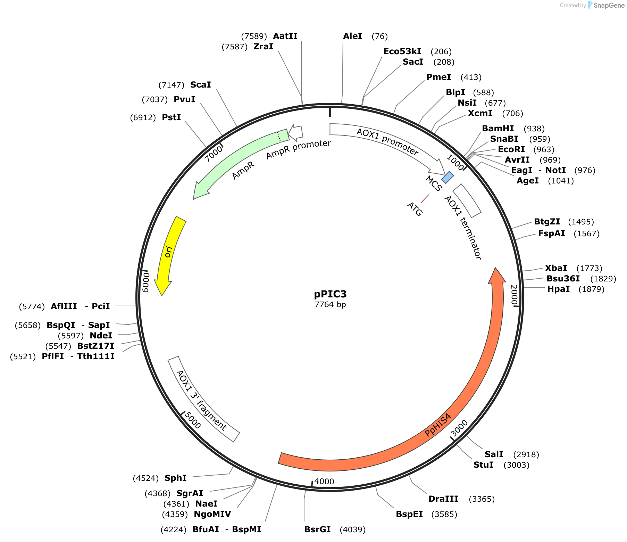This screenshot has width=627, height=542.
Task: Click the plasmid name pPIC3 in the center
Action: click(330, 294)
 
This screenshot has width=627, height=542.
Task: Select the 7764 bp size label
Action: click(330, 305)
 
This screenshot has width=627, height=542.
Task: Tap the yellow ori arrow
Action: click(169, 253)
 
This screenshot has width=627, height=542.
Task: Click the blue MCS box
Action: click(448, 177)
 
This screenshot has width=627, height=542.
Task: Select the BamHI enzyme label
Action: click(498, 129)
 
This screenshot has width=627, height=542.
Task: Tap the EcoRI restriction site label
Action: click(511, 149)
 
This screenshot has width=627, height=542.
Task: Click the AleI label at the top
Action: click(352, 36)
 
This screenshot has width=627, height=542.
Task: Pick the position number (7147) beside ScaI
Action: click(171, 85)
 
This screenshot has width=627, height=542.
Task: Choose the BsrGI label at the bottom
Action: click(317, 529)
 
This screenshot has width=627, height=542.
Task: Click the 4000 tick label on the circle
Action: click(324, 482)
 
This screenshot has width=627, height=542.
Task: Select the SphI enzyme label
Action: click(175, 478)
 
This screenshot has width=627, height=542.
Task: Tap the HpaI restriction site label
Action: click(558, 289)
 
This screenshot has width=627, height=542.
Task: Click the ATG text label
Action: click(415, 209)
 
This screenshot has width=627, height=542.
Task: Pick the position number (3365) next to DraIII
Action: click(482, 499)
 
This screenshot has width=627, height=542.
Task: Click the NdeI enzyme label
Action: click(101, 336)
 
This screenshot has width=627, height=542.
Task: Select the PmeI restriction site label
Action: click(439, 77)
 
